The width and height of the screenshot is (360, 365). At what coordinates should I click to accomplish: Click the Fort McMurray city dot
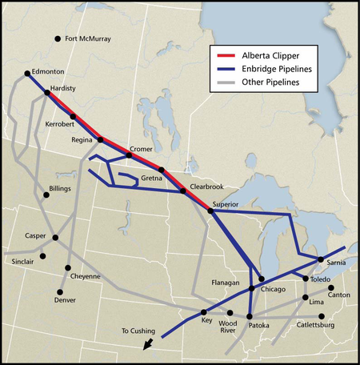pos(58,39)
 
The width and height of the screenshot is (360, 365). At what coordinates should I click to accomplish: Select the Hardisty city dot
pos(46,93)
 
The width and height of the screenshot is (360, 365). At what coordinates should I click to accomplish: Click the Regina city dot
pos(101,140)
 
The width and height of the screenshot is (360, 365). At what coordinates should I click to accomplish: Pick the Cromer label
pos(141,150)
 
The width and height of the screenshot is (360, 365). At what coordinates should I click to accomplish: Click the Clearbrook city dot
pos(183,191)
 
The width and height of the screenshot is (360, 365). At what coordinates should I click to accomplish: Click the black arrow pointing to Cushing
pos(146,344)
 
